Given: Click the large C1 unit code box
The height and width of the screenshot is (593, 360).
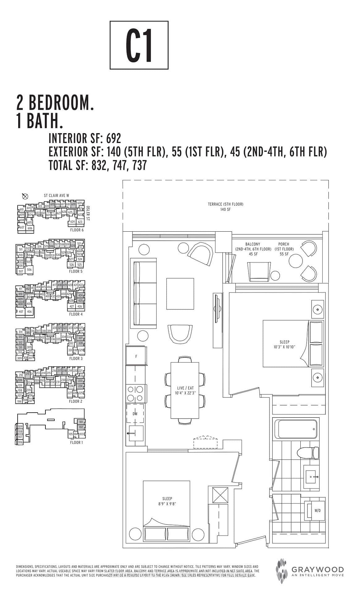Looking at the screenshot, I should [139, 45].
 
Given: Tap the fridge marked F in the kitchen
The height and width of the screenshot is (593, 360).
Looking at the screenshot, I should [136, 356].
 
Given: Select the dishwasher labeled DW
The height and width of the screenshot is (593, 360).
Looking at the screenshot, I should [135, 414].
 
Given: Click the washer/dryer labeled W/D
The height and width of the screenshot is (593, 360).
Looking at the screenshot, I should [317, 510].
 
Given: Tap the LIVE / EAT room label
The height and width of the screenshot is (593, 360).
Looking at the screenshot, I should [185, 390].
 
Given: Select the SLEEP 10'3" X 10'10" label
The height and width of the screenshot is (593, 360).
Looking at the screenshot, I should [284, 344].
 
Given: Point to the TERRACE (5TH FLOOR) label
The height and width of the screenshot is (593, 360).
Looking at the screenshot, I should [226, 207].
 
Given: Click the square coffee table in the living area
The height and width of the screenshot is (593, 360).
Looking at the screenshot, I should [180, 293].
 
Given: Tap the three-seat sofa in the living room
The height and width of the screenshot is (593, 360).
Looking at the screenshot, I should [145, 295].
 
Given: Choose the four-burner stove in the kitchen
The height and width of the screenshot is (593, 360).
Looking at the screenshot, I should [136, 393].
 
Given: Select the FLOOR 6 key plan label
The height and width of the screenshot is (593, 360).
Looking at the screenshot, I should [77, 230].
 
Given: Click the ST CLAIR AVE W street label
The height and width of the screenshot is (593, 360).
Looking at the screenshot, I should [57, 196].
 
